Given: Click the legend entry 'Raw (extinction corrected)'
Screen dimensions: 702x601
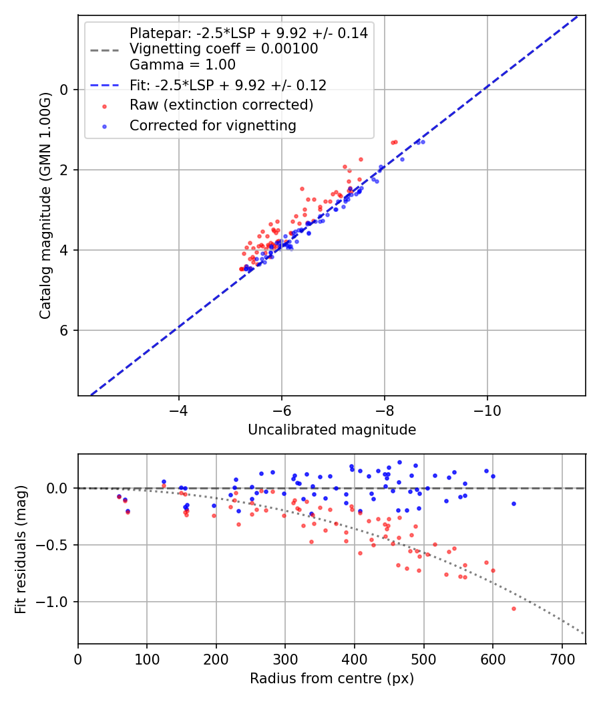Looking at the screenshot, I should [221, 105].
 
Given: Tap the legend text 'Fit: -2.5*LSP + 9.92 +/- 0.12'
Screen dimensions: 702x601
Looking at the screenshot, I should [228, 85].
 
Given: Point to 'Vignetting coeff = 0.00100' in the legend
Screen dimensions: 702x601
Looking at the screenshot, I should [224, 49].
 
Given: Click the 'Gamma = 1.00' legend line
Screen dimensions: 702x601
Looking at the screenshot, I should [182, 65].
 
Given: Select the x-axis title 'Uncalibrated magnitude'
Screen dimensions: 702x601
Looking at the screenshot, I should [332, 430].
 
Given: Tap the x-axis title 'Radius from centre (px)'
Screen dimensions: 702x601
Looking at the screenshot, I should [332, 679].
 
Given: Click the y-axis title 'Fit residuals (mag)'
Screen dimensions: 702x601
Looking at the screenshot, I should [21, 549].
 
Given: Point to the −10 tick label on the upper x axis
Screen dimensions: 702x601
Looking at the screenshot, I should [487, 410].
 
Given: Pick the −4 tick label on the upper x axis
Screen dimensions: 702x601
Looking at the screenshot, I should [178, 410].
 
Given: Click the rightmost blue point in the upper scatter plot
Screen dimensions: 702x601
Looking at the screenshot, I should [423, 142].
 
